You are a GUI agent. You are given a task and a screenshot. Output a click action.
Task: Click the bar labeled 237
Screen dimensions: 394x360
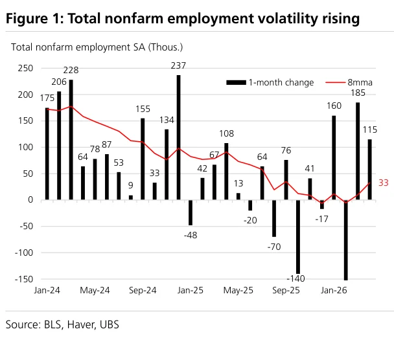178,137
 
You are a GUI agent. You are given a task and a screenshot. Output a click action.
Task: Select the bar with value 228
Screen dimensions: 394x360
71,140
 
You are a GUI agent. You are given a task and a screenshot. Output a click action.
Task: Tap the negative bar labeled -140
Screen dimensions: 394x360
298,237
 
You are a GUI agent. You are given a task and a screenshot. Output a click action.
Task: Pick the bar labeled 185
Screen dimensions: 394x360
358,151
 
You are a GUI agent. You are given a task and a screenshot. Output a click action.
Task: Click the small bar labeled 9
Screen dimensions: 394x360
131,197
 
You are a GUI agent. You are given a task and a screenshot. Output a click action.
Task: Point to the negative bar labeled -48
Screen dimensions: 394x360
191,212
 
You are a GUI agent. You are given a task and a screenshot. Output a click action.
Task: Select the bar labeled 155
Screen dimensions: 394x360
143,159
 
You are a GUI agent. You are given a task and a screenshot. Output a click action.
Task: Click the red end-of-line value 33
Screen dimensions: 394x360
384,183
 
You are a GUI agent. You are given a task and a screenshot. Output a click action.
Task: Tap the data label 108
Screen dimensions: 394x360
226,133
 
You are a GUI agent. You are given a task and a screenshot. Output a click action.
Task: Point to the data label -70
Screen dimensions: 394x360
274,247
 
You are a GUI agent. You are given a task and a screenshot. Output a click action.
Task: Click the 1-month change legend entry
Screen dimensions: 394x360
270,82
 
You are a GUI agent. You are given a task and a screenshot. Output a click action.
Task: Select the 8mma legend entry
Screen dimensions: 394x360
349,82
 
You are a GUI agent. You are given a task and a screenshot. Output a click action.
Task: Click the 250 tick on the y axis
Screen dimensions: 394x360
25,68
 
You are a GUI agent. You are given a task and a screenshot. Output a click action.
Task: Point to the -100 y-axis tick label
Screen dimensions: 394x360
24,253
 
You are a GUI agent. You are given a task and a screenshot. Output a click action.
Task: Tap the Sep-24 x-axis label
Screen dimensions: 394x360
143,290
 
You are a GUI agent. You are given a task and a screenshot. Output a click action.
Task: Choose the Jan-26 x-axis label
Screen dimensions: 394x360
334,290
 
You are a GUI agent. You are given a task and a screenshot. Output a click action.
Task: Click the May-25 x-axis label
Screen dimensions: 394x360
238,290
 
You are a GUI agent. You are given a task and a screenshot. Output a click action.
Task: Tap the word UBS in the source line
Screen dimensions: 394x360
110,324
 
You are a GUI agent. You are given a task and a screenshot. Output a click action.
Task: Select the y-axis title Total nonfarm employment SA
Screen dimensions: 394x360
78,47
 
